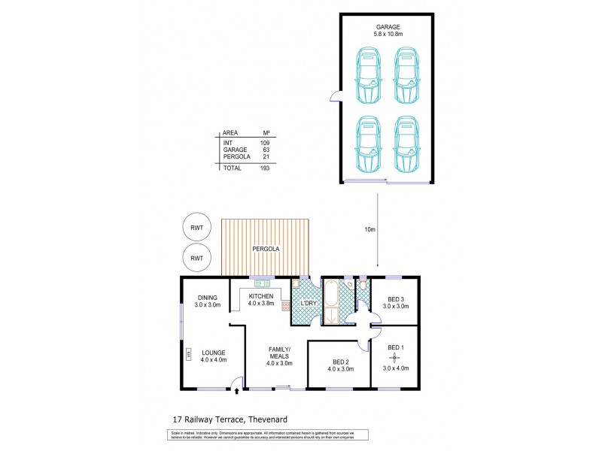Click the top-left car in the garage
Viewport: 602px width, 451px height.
tap(369, 75)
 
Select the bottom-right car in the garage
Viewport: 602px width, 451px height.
tap(406, 145)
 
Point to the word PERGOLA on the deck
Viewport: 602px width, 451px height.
tap(266, 248)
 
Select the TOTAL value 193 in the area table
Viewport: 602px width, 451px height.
tap(263, 168)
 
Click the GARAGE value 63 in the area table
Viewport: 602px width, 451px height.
tap(266, 150)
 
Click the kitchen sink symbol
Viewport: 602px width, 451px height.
tap(262, 283)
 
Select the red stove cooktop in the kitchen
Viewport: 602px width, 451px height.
tap(286, 305)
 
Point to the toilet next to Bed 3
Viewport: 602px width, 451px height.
tap(363, 285)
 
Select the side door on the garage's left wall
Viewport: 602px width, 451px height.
tap(336, 96)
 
